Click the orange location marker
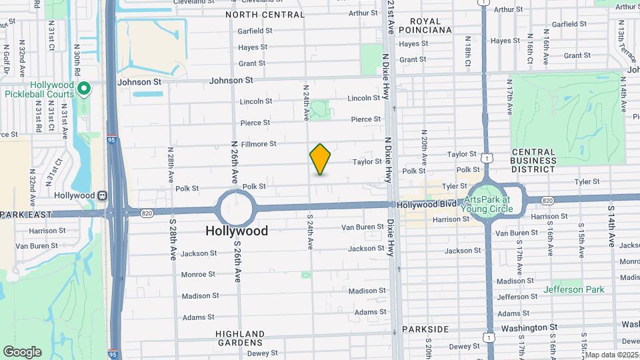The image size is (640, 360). pos(320,159)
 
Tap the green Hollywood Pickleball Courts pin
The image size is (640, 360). pos(83,89)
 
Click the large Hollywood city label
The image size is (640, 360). pos(237,231)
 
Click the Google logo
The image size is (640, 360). pos(22,351)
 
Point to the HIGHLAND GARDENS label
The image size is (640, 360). pos(240,339)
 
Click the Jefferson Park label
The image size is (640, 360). pos(573,289)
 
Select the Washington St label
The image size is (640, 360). pos(529,328)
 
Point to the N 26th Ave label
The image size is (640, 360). pos(235,162)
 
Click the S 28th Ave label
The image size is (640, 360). pos(172,239)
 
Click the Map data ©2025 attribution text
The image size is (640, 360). pos(611,355)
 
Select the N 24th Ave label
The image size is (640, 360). pos(306,103)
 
